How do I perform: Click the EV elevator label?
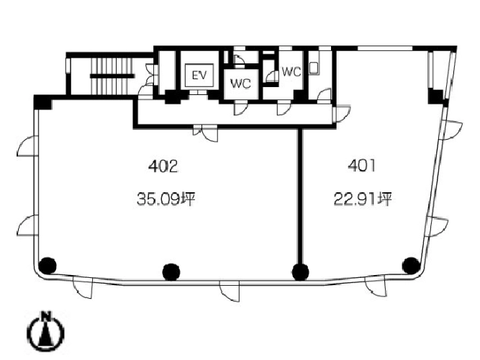(x=199, y=75)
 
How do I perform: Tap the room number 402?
(x=163, y=167)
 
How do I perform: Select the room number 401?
(x=362, y=166)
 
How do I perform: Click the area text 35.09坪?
(x=166, y=199)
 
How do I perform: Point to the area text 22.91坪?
(x=363, y=199)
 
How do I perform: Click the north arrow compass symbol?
(x=46, y=331)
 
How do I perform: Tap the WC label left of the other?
(x=240, y=84)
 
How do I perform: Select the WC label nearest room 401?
(x=291, y=72)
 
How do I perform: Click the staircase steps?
(x=112, y=76)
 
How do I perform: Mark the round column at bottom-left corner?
(x=47, y=265)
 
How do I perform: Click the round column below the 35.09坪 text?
(x=171, y=271)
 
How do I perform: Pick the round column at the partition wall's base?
(x=300, y=271)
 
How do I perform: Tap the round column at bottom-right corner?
(x=411, y=266)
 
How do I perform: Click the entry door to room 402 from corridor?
(x=206, y=134)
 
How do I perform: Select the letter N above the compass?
(x=46, y=316)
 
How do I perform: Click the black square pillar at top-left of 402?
(x=42, y=102)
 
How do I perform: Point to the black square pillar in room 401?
(x=435, y=96)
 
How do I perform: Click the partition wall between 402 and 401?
(x=300, y=196)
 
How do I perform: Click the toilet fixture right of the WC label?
(x=313, y=68)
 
